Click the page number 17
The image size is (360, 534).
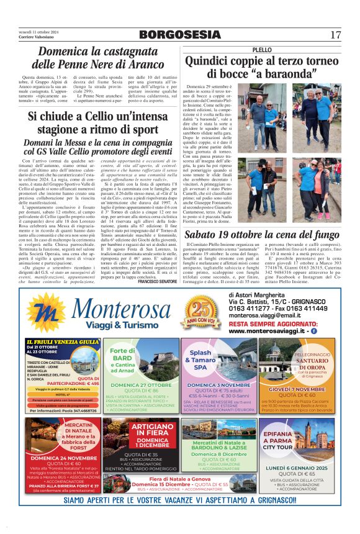(336, 34)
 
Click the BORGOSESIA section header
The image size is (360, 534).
(179, 34)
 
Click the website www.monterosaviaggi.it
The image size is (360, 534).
(268, 332)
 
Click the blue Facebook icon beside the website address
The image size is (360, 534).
(313, 332)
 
